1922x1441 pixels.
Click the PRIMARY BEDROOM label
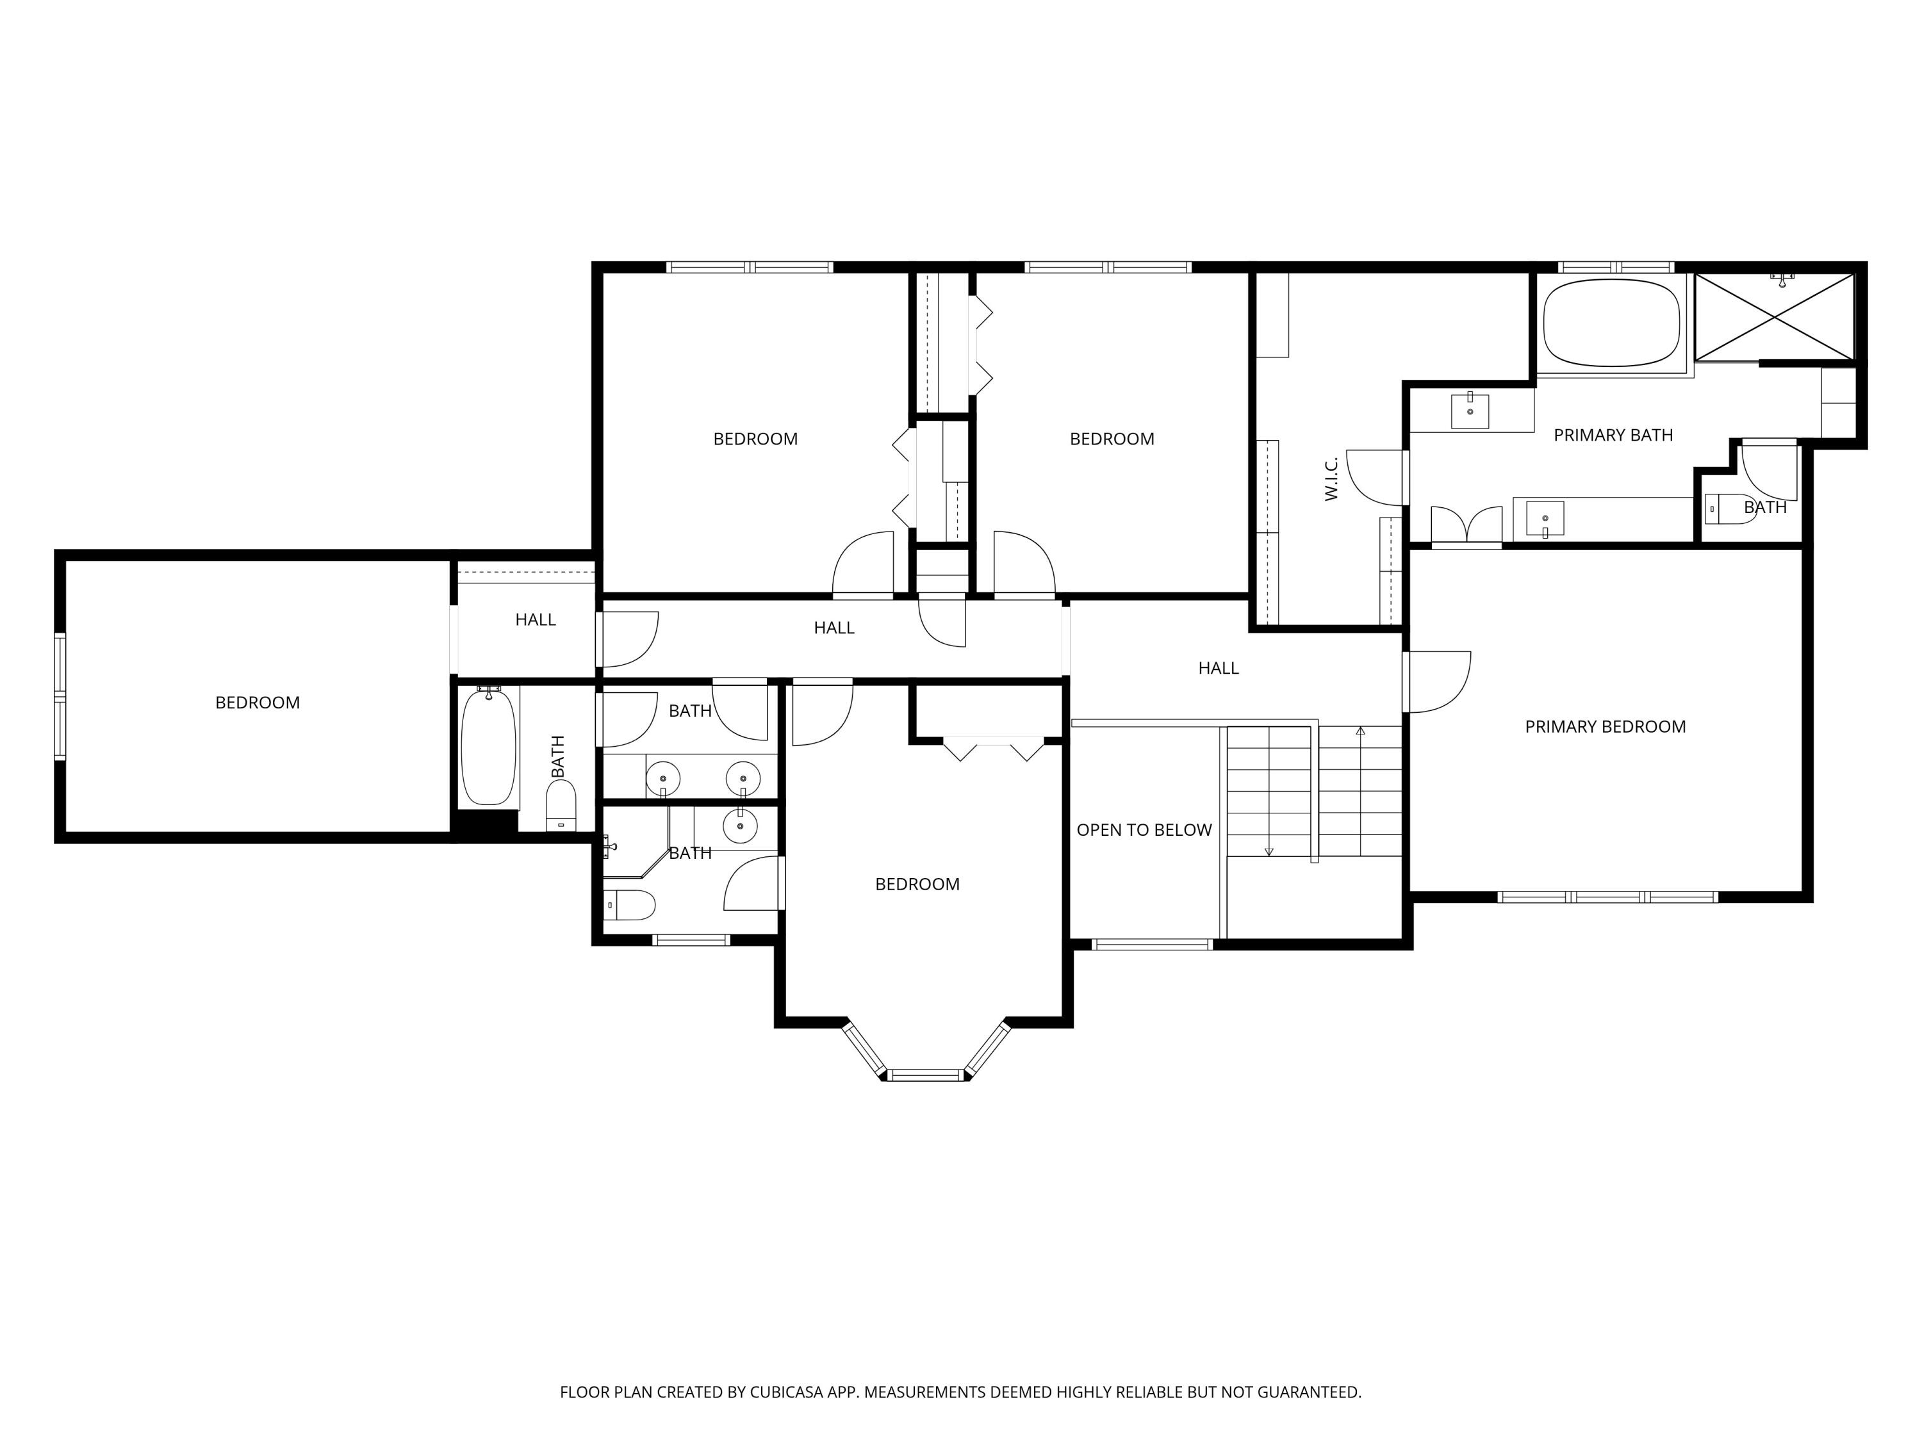point(1605,727)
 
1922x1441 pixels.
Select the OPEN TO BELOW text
point(1144,831)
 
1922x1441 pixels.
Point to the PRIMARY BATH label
point(1613,435)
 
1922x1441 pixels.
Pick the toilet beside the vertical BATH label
point(561,805)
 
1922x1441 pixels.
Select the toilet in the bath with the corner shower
point(629,905)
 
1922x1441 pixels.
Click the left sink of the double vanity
point(664,776)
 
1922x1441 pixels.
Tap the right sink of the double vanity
point(743,776)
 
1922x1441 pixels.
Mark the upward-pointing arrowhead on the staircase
point(1361,731)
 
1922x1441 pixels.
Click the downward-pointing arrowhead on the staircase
point(1269,851)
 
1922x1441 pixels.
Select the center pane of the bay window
point(927,1075)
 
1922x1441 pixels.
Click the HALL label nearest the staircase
point(1218,668)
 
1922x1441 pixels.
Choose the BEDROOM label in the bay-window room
point(917,884)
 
